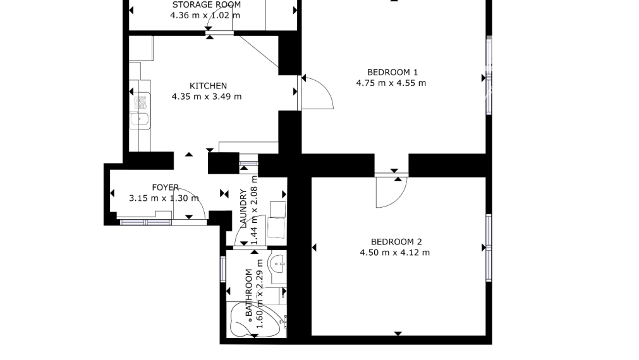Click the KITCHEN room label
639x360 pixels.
pos(208,86)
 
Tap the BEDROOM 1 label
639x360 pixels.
pos(393,73)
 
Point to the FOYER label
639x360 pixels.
pos(166,188)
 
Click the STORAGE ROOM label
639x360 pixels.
pos(207,5)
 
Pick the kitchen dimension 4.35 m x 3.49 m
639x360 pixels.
pos(207,97)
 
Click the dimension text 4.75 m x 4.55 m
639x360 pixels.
pos(391,83)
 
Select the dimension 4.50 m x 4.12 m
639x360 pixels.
pos(395,253)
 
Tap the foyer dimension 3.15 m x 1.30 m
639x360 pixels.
pos(164,198)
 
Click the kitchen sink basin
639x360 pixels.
pos(140,120)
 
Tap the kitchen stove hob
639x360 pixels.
pos(140,102)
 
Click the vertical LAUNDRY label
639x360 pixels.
pos(244,208)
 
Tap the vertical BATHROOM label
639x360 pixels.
pos(249,293)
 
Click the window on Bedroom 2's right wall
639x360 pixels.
pos(489,248)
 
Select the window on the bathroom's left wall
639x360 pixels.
pos(223,269)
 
